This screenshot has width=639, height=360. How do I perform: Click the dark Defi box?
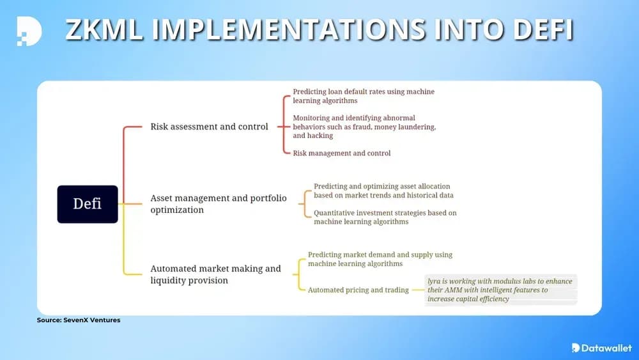[88, 204]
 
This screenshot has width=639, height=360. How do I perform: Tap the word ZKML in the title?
[104, 29]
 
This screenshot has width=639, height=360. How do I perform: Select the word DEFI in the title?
[543, 29]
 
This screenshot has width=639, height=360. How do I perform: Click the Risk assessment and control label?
[209, 127]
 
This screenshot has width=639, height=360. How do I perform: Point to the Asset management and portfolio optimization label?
[219, 204]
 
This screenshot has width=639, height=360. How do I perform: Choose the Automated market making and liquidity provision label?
[215, 274]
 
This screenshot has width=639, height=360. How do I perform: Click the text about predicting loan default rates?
[364, 96]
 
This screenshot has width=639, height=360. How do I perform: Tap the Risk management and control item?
[341, 153]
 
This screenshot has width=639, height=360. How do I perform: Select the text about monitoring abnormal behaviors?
[364, 127]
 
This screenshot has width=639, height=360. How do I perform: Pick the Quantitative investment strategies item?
[385, 217]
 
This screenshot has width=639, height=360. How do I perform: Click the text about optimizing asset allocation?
[383, 191]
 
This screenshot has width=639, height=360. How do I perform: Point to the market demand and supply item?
[380, 260]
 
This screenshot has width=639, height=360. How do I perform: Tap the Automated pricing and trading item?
[358, 290]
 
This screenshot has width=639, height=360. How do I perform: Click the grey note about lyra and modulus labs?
[501, 290]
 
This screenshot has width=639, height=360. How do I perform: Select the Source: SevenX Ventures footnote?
[79, 320]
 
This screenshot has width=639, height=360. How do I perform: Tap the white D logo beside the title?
[29, 31]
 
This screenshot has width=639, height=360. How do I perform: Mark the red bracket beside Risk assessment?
[284, 127]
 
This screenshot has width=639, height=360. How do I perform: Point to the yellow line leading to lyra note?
[418, 290]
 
